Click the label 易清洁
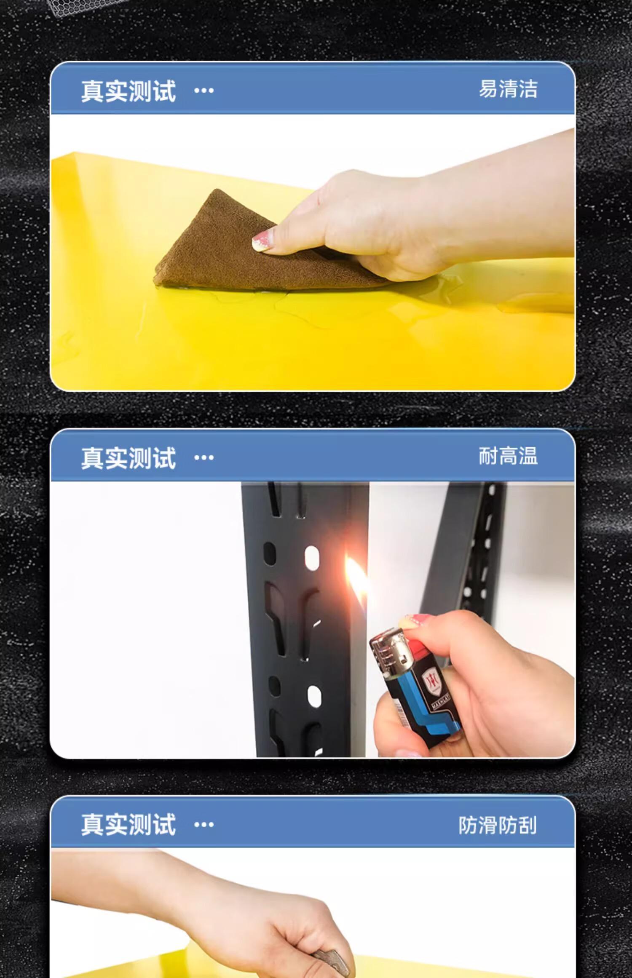click(x=508, y=89)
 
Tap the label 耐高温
click(x=508, y=456)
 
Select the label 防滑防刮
click(x=498, y=825)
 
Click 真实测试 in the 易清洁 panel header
click(x=129, y=91)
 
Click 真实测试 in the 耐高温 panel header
click(x=129, y=458)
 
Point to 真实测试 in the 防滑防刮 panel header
click(x=129, y=825)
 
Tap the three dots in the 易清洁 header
click(x=204, y=91)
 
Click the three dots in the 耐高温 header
click(x=204, y=458)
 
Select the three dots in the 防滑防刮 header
click(x=204, y=825)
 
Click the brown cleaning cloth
click(x=236, y=249)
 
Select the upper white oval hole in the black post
click(x=312, y=558)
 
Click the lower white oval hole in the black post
click(x=314, y=696)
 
